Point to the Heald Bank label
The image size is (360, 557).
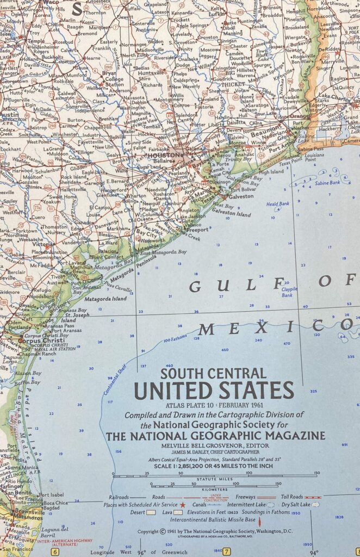pos(277,204)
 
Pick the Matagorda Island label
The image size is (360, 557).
pos(105,298)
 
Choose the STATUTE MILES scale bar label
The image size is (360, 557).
pos(214,479)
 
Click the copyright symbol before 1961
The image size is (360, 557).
pos(162,531)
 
